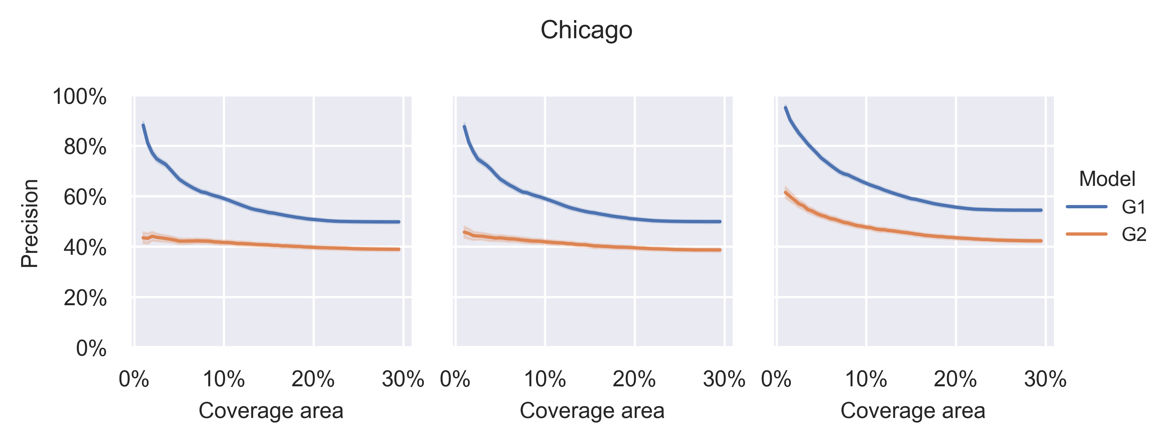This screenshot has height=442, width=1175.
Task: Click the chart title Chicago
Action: [586, 31]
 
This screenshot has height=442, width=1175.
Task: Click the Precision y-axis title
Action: [30, 223]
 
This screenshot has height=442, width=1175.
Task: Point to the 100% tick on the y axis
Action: [79, 97]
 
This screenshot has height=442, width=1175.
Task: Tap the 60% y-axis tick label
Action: [85, 198]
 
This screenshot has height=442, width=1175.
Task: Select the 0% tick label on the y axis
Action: [91, 349]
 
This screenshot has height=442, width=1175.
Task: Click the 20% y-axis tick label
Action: [85, 299]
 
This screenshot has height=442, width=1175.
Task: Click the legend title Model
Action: [1107, 179]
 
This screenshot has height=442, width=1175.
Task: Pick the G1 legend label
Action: [1133, 207]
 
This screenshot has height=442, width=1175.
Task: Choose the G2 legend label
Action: [1133, 235]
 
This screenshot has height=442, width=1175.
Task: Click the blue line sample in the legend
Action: [1087, 207]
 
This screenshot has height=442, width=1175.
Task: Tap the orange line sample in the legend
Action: [1087, 234]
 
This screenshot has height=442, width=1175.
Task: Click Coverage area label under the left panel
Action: [271, 411]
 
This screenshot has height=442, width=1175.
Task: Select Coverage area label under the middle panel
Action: [592, 411]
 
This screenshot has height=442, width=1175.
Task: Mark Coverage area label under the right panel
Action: [913, 411]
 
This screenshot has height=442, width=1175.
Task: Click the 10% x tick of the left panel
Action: [223, 379]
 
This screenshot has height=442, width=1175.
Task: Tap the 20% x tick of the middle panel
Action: [634, 379]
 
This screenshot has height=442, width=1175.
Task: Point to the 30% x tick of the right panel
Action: [1045, 379]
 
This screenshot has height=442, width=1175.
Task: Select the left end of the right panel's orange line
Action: [785, 192]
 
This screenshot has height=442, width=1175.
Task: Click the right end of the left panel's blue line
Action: [399, 222]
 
